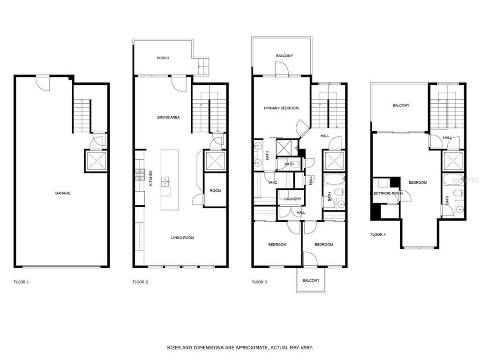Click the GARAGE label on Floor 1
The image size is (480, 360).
click(x=62, y=193)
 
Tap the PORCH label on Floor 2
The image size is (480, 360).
click(x=163, y=58)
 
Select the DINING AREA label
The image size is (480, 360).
click(x=168, y=117)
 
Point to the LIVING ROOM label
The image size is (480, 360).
click(x=182, y=238)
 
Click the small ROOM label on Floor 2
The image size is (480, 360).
click(x=215, y=191)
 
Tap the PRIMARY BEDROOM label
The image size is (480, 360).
click(x=281, y=108)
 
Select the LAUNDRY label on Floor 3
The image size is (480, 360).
click(x=292, y=199)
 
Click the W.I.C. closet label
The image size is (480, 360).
click(x=274, y=183)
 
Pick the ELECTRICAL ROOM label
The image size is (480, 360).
click(x=386, y=193)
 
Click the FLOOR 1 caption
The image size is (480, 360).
click(x=22, y=282)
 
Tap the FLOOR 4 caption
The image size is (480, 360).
click(x=378, y=234)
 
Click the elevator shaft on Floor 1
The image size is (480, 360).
click(x=96, y=160)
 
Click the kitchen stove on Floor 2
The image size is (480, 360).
click(x=140, y=175)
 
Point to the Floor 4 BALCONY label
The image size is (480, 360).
click(x=401, y=105)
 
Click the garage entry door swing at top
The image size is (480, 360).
click(x=43, y=83)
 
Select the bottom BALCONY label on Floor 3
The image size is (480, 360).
click(x=311, y=280)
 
